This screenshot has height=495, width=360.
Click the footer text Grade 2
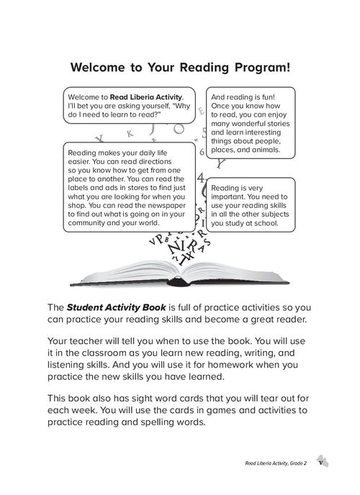[293, 466]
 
